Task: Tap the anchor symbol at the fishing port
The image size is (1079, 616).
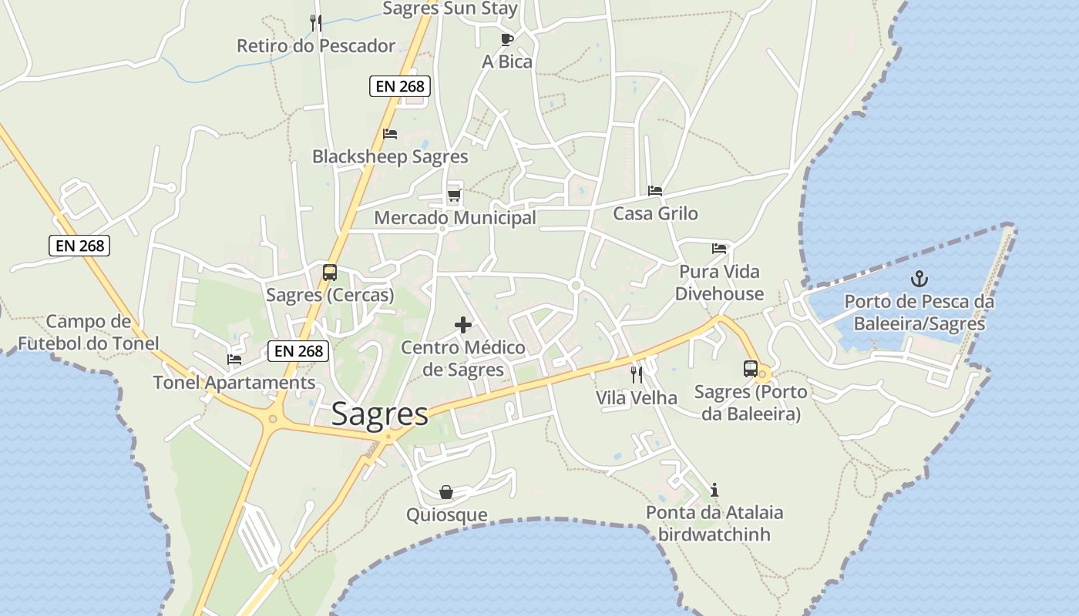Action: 918,279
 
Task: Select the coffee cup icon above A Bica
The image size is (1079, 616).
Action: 506,38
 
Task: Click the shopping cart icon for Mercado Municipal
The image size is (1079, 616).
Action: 454,195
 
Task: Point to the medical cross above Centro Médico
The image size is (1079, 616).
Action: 463,325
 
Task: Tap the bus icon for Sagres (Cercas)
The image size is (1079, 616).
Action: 329,272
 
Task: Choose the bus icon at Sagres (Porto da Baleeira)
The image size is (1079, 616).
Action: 750,369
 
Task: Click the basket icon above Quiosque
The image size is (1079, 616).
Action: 445,492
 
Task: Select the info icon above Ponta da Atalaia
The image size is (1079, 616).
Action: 714,490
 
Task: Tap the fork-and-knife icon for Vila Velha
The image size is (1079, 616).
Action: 637,375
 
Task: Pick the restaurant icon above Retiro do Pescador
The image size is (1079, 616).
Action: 315,22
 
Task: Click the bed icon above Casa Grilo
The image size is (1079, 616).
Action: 655,191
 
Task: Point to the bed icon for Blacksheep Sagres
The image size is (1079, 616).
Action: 390,134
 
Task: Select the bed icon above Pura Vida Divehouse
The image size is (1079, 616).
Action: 719,249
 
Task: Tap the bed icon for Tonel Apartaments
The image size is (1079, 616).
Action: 234,359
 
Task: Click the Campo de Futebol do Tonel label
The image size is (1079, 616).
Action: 88,332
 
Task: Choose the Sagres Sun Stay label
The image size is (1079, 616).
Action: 450,8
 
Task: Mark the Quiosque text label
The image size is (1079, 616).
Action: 446,514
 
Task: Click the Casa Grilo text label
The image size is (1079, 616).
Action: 655,213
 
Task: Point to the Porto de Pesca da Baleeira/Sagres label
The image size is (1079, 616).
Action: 919,312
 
